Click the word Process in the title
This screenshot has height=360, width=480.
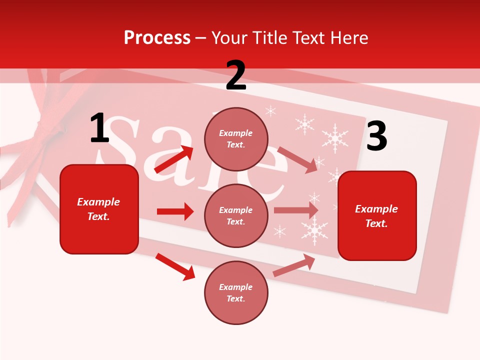pyautogui.click(x=157, y=38)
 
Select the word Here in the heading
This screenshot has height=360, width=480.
pyautogui.click(x=347, y=38)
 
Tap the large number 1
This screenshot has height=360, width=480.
pyautogui.click(x=99, y=129)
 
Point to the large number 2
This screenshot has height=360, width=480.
pyautogui.click(x=236, y=75)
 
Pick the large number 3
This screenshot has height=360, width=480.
pyautogui.click(x=376, y=136)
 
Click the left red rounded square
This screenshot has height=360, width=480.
pyautogui.click(x=99, y=209)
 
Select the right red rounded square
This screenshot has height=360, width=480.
pyautogui.click(x=377, y=216)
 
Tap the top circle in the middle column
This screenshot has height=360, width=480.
pyautogui.click(x=236, y=139)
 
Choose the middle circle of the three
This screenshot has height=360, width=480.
pyautogui.click(x=236, y=215)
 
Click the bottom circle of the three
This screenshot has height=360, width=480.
pyautogui.click(x=236, y=292)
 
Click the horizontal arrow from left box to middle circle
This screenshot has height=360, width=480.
pyautogui.click(x=175, y=211)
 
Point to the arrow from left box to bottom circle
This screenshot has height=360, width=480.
pyautogui.click(x=175, y=266)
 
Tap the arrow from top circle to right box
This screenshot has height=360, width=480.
pyautogui.click(x=297, y=159)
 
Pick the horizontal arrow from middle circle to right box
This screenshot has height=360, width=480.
pyautogui.click(x=296, y=210)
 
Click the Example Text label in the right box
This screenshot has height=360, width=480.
pyautogui.click(x=376, y=216)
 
